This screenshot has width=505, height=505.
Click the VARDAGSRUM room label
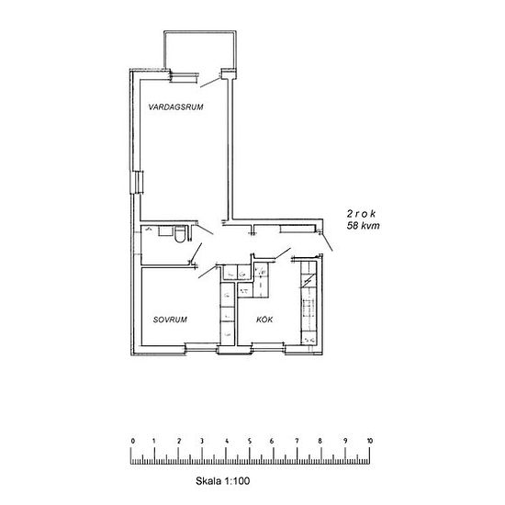coord(176,107)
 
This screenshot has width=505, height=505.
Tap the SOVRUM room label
coord(170,320)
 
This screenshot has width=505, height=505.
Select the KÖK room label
coord(264,320)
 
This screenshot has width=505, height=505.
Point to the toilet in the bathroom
coord(180,234)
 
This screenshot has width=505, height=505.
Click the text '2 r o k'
coord(361,214)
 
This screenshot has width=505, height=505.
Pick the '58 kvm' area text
coord(363,225)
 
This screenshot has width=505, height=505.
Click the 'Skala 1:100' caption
coord(222,481)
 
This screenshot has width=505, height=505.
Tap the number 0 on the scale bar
coord(133,441)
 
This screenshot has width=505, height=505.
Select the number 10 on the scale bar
coord(369,441)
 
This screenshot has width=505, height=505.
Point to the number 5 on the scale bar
coord(250,441)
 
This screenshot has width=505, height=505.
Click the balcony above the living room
coord(200,50)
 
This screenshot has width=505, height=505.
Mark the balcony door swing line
coord(210,82)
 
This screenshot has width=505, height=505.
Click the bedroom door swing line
coord(208,272)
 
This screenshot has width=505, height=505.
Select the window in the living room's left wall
coord(137,183)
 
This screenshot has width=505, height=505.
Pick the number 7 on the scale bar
coord(297,441)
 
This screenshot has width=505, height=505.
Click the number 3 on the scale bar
coord(202,441)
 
